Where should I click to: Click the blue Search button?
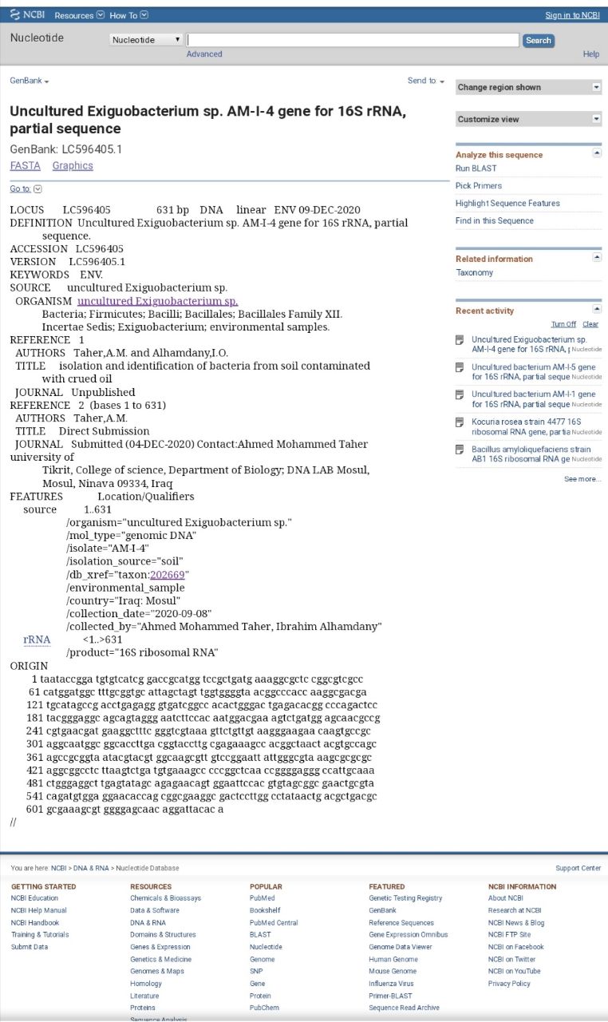[x=539, y=41]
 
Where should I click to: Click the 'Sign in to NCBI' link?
[x=572, y=15]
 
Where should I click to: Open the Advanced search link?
[x=204, y=54]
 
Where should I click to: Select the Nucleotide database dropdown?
[x=146, y=40]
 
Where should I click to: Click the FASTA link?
[x=25, y=166]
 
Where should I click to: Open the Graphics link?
[x=73, y=166]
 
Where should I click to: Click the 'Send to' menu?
[x=425, y=81]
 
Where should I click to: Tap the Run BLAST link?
[x=476, y=168]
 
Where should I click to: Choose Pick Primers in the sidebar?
[x=479, y=186]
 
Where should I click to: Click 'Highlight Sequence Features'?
[x=507, y=204]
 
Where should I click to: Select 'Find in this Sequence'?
[x=495, y=221]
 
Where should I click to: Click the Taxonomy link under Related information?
[x=474, y=273]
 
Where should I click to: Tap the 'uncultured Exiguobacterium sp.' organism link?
[x=157, y=301]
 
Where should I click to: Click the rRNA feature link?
[x=37, y=640]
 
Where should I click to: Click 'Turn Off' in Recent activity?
[x=563, y=324]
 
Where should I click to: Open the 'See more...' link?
[x=582, y=479]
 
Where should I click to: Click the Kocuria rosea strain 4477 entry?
[x=526, y=426]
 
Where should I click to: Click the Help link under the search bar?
[x=590, y=54]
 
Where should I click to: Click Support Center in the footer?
[x=578, y=868]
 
